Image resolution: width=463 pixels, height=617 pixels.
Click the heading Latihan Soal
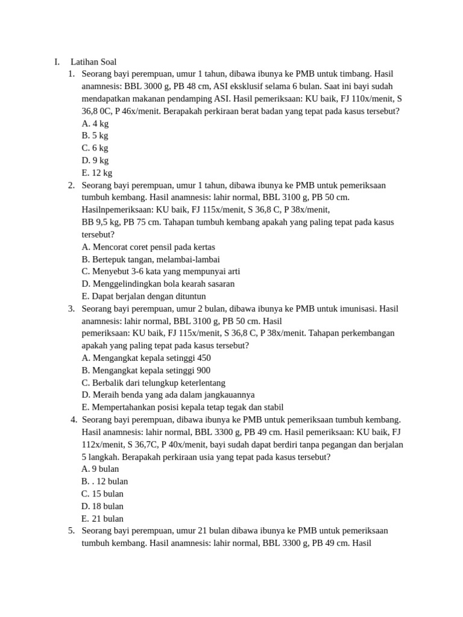pyautogui.click(x=93, y=61)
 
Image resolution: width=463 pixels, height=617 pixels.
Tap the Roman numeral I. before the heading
pyautogui.click(x=57, y=61)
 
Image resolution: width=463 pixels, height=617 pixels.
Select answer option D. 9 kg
pyautogui.click(x=95, y=160)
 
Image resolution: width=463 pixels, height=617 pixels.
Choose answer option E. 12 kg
pyautogui.click(x=97, y=173)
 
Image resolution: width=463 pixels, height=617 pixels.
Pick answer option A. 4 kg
pyautogui.click(x=95, y=124)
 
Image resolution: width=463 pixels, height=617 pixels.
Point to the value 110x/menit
pyautogui.click(x=367, y=99)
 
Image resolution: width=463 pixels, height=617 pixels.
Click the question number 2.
pyautogui.click(x=71, y=185)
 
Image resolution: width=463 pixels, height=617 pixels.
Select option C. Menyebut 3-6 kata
pyautogui.click(x=161, y=271)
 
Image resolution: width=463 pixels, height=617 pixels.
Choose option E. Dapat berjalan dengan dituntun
pyautogui.click(x=143, y=296)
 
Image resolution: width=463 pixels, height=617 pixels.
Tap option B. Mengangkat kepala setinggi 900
pyautogui.click(x=146, y=370)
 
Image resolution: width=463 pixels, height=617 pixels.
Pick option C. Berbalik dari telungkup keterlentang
pyautogui.click(x=153, y=383)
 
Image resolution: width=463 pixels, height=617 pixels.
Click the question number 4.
pyautogui.click(x=74, y=419)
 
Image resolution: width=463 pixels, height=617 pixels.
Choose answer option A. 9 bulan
pyautogui.click(x=100, y=469)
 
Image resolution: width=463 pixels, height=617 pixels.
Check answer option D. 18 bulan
pyautogui.click(x=102, y=506)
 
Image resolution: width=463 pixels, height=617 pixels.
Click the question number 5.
pyautogui.click(x=71, y=531)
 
